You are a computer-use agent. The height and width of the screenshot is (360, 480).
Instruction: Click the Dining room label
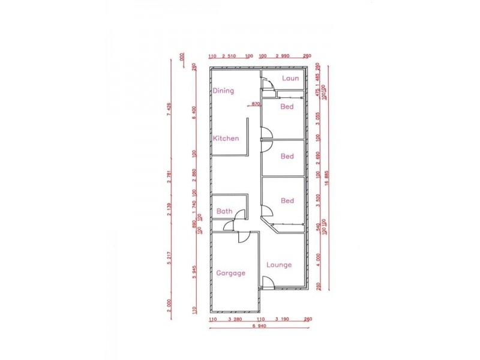click(223, 91)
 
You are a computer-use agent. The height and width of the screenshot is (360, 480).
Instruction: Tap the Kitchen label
click(226, 138)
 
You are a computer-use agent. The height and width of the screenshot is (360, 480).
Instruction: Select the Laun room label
click(290, 78)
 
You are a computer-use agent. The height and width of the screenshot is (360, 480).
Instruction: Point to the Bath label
click(224, 211)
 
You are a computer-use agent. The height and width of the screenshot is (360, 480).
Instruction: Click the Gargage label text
click(230, 272)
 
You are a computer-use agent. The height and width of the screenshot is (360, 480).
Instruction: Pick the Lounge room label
click(279, 265)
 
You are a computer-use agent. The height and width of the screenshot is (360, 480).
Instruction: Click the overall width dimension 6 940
click(259, 326)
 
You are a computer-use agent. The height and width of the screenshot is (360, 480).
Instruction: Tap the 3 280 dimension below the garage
click(236, 319)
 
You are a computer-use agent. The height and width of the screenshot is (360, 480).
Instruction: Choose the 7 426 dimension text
click(170, 110)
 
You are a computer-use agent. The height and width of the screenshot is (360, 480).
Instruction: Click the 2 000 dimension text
click(170, 305)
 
